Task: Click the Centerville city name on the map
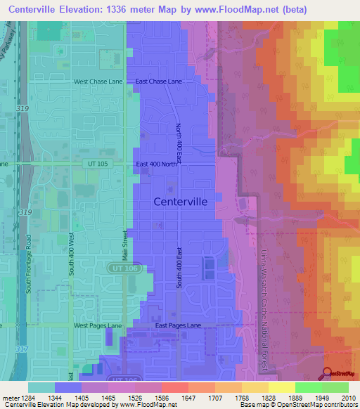180,202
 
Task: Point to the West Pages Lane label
98,326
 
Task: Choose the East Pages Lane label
178,326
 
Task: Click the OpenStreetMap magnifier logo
327,373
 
